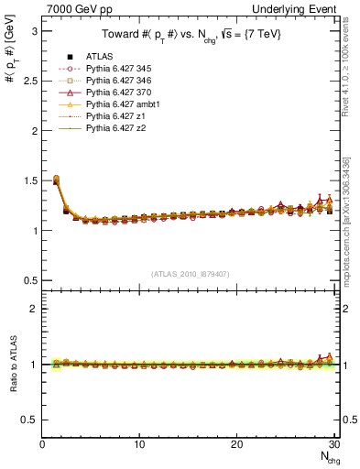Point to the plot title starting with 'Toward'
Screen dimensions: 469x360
click(190, 34)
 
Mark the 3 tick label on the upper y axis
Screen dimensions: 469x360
click(34, 30)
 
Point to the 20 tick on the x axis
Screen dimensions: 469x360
click(236, 444)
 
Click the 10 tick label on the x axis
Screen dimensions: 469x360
click(139, 444)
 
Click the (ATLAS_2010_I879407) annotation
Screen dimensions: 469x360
click(190, 274)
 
